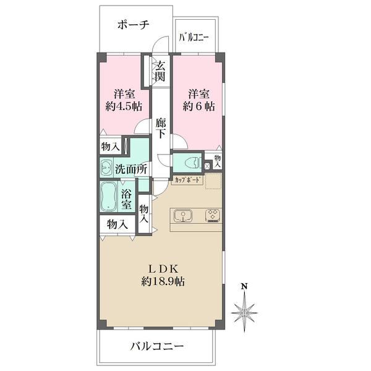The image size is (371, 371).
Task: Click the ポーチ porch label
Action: point(133,25)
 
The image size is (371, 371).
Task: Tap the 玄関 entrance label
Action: point(160,70)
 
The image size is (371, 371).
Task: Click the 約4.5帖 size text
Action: point(124,106)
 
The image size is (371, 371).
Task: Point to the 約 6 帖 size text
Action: point(198,106)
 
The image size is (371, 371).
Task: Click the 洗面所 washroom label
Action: point(131,169)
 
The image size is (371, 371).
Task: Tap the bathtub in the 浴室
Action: point(108,196)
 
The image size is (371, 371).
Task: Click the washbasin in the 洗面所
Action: point(107,167)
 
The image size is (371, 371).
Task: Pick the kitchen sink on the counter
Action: point(183,216)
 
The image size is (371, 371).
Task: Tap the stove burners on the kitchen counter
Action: point(213,216)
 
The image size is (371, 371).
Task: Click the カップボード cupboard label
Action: point(188,180)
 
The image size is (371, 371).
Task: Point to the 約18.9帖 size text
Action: point(163,281)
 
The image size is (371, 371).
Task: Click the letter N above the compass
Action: point(244,286)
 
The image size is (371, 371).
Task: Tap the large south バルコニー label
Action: point(157,347)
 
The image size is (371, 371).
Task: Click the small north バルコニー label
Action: point(194,38)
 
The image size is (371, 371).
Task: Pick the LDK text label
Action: point(163,269)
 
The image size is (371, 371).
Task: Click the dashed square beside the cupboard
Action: point(213,181)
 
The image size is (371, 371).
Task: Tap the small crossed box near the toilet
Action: point(207,166)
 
